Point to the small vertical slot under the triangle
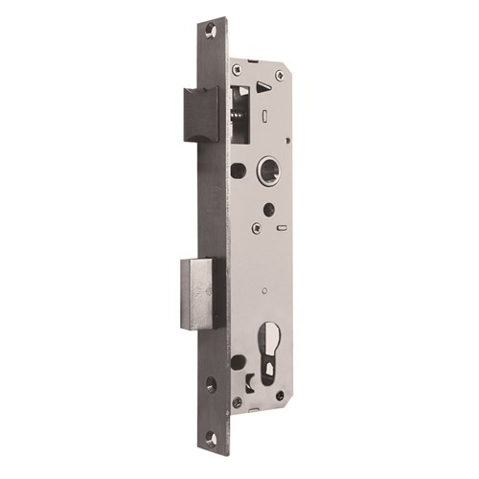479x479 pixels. point(264,117)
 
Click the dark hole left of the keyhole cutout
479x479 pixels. point(238,362)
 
